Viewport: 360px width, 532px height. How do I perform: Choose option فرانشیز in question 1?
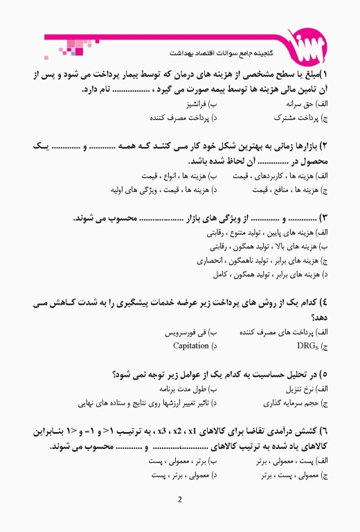(x=202, y=104)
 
